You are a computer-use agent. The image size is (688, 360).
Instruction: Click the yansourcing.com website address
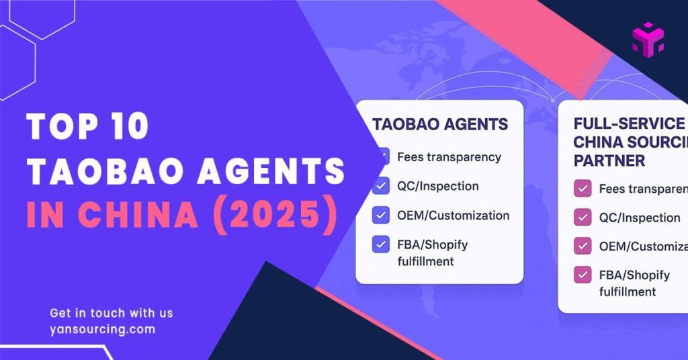[102, 329]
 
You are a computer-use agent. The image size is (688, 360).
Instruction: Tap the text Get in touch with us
[112, 313]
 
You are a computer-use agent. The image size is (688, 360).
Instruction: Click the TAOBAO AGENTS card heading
[440, 124]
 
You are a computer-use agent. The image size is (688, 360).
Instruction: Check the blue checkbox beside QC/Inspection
[381, 186]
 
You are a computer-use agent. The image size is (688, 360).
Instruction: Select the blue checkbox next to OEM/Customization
[381, 216]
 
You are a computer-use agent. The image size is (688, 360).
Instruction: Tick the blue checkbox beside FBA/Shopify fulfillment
[381, 244]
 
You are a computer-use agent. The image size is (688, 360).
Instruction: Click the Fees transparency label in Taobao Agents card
[449, 157]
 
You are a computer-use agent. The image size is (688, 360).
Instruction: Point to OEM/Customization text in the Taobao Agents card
[453, 216]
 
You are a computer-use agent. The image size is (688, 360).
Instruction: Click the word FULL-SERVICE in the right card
[629, 124]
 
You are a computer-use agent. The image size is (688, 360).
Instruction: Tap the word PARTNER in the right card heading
[609, 161]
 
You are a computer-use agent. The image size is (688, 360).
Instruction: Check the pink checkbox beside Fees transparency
[582, 189]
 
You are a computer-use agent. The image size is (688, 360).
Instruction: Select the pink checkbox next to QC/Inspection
[582, 218]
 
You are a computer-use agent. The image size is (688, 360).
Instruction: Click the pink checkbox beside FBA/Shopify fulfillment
[582, 275]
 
